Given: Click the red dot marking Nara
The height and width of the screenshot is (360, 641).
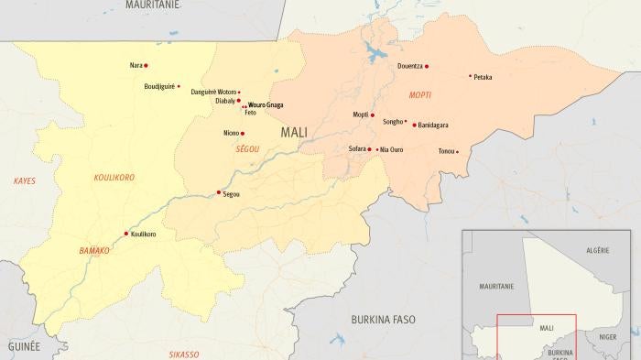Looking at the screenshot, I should pos(146,66).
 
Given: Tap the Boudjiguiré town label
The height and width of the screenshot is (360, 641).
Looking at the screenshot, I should pos(158,86).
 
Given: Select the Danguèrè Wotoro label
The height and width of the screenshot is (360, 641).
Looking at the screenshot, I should pos(212,93).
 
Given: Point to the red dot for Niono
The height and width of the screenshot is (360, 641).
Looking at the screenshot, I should pos(243,133).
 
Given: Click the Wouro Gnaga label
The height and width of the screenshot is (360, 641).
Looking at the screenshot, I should pos(266,105).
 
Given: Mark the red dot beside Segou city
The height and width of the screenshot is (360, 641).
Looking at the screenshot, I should pos(218,192).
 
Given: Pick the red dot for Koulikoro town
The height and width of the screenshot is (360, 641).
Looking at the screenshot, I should pos(126,234).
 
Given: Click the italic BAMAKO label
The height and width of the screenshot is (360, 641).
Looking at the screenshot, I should pos(93,250).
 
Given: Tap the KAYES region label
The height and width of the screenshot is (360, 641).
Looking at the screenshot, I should pos(24,181).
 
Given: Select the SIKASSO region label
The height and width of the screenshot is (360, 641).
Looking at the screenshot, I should pos(183,353).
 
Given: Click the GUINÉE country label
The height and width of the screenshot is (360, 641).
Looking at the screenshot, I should pos(24,347).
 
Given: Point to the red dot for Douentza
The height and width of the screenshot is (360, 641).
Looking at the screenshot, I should pos(427,66).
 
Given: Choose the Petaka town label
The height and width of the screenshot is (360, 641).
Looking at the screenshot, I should pos(483,78).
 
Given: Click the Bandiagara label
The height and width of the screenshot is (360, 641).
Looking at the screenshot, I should pos(433,125).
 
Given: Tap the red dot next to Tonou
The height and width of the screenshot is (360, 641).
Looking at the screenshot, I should pos(457,151).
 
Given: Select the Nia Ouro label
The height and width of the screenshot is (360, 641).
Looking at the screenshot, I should pos(391,149).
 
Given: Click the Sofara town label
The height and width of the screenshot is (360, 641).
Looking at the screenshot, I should pos(357,148).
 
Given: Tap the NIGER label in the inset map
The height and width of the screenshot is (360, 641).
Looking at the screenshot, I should pos(607,337).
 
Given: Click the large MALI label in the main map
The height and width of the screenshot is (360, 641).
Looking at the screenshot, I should pos(294,132).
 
